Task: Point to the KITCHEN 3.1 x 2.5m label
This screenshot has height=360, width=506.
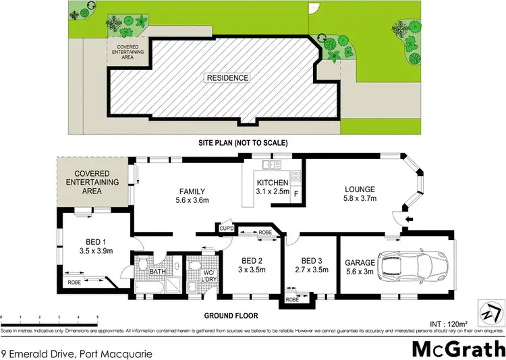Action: (x=273, y=187)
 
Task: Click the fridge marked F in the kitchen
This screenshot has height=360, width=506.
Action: (x=296, y=196)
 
